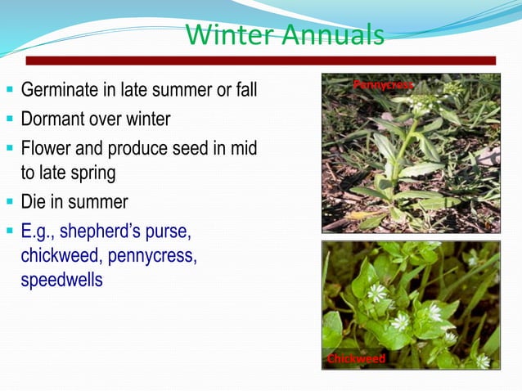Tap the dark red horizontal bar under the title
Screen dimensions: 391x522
pyautogui.click(x=260, y=61)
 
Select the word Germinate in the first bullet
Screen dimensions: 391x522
pyautogui.click(x=61, y=90)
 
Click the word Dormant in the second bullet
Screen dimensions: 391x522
pyautogui.click(x=53, y=119)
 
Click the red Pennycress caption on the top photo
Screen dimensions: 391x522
pyautogui.click(x=383, y=84)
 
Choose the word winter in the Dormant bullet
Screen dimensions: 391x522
pyautogui.click(x=146, y=119)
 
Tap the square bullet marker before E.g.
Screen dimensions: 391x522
pyautogui.click(x=10, y=230)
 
